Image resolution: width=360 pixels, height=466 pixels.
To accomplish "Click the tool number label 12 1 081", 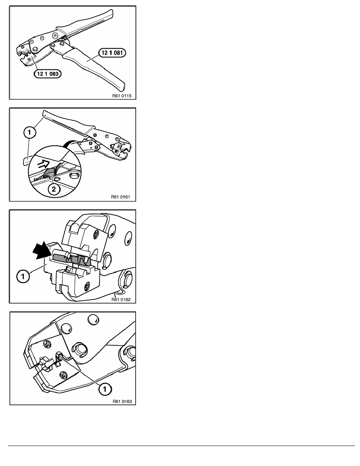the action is coord(112,53).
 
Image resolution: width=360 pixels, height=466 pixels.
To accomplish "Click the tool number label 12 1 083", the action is coord(47,73).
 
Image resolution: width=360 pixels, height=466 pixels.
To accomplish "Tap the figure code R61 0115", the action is coord(122,96).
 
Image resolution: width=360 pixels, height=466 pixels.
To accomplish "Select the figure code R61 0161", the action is coord(121,197).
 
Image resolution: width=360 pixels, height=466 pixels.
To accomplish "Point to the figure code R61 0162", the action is coord(121,299).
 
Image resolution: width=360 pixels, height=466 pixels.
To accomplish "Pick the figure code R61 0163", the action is coord(122,401).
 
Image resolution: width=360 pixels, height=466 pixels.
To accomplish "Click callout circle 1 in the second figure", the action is coord(29,133).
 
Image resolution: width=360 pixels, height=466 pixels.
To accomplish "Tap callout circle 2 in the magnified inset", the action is coord(54,189).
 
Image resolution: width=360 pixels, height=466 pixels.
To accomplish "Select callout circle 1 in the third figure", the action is coord(23,277).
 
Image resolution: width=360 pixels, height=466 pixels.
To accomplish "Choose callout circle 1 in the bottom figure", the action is coord(105,389).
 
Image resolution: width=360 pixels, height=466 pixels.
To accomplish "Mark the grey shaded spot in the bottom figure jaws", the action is coord(59,357).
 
